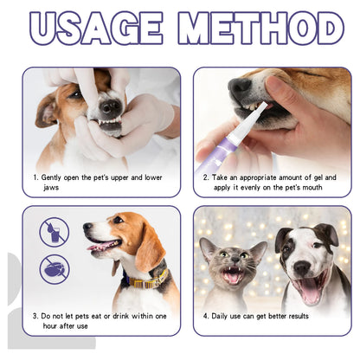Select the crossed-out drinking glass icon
pyautogui.click(x=54, y=231)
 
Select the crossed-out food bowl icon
pyautogui.click(x=54, y=267)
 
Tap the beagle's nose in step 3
pyautogui.click(x=88, y=228)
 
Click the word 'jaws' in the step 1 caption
pyautogui.click(x=51, y=187)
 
